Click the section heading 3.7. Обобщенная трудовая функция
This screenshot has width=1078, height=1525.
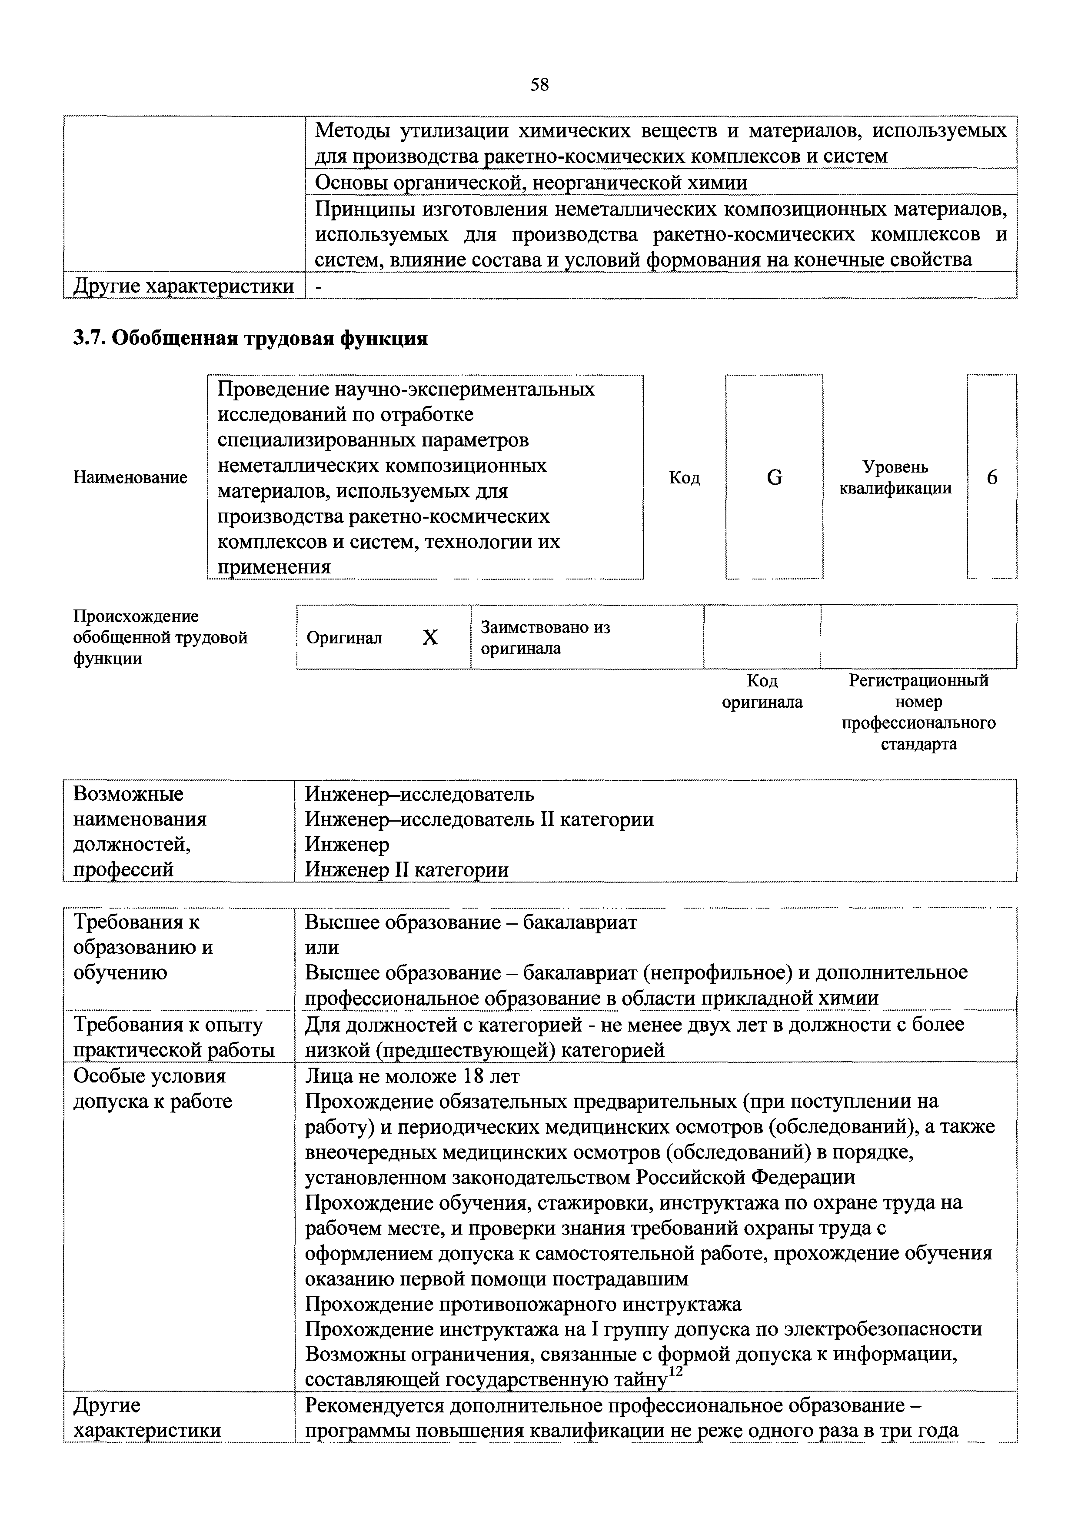tap(250, 339)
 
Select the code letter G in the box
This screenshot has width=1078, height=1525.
tap(775, 478)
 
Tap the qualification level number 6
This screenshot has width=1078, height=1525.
tap(991, 478)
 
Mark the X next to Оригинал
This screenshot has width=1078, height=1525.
tap(430, 638)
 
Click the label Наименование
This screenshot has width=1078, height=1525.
tap(130, 478)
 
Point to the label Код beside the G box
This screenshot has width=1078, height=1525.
tap(684, 478)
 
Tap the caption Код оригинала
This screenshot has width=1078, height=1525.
tap(762, 692)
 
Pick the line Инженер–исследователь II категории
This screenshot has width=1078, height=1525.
tap(479, 819)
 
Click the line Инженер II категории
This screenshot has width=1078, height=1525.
tap(406, 870)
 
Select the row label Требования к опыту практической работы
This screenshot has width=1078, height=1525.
tap(173, 1038)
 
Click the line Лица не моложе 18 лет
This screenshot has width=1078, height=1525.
tap(412, 1076)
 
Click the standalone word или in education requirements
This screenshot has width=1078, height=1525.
tap(322, 948)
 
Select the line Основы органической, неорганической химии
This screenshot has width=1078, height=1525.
tap(531, 182)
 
